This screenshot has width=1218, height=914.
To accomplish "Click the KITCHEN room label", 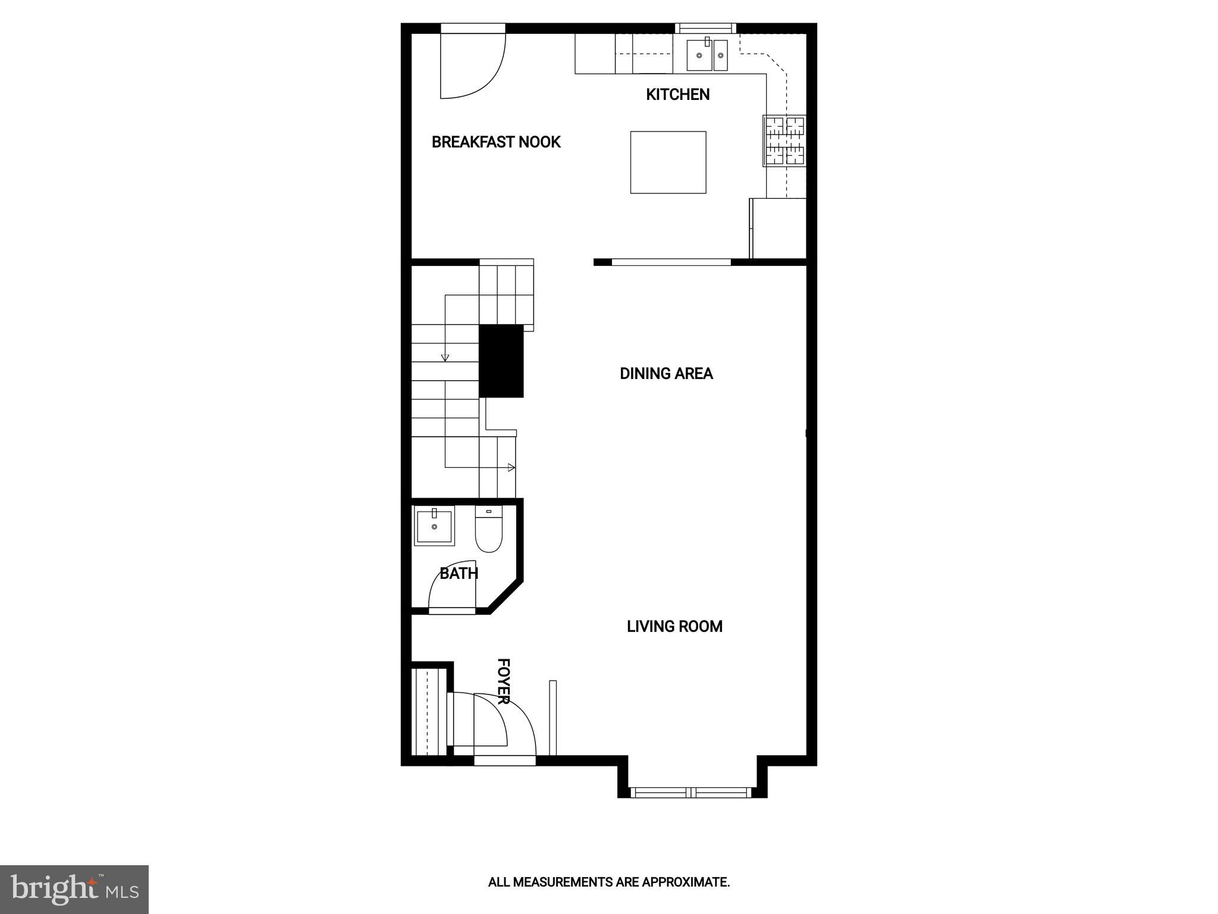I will (677, 95).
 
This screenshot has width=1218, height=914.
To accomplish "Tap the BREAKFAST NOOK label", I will (496, 142).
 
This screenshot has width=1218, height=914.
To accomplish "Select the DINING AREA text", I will (666, 374).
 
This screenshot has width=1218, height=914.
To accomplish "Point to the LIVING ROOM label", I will (674, 627).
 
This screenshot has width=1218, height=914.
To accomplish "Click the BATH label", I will (459, 574).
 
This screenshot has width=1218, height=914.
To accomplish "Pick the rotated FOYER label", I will (503, 681).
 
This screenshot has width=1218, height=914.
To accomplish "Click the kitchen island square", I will (668, 162).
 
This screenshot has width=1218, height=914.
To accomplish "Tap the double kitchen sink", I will (707, 55).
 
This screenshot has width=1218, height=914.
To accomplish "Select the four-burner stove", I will (785, 141).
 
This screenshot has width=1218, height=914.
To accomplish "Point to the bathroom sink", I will (434, 526).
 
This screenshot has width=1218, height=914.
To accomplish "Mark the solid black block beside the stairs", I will (501, 361).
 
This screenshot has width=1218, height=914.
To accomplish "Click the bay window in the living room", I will (692, 792).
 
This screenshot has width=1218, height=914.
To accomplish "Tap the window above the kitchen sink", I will (705, 27).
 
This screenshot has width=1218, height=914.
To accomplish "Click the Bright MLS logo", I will (74, 888).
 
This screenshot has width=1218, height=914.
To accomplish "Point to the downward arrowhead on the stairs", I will (445, 358).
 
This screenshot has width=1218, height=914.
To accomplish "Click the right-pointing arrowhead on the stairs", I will (511, 468).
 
